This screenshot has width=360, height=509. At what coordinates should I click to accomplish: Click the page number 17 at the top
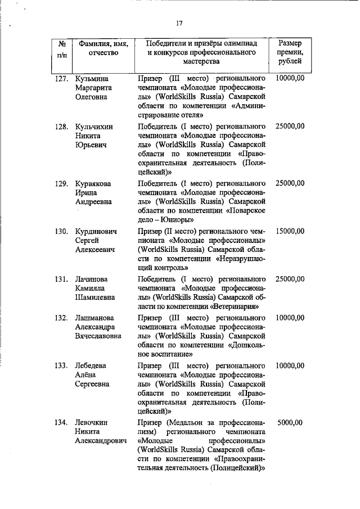pos(179,23)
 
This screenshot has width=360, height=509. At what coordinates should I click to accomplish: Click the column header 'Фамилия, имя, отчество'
pos(103,48)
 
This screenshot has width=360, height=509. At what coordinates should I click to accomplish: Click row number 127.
pos(61,79)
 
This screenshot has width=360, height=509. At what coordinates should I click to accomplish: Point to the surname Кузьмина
pos(92,79)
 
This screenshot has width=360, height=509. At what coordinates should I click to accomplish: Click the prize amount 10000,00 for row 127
pos(290,79)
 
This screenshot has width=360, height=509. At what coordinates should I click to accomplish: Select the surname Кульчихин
pos(94,127)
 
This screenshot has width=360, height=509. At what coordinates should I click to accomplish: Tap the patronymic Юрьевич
pos(91,145)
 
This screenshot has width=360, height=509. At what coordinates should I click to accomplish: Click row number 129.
pos(61,183)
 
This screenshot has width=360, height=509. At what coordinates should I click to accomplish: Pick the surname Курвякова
pos(93,183)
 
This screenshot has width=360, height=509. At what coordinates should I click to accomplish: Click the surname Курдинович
pos(96,231)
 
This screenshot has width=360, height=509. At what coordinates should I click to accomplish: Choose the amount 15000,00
pos(290,231)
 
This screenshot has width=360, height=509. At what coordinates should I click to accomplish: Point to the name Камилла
pos(91,288)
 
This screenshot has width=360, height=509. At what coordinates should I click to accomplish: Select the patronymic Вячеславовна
pos(99,336)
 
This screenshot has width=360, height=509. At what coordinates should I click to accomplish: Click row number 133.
pos(61,366)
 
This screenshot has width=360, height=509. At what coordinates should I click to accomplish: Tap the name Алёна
pos(87,375)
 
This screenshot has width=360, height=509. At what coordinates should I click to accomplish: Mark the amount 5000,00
pos(290,422)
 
